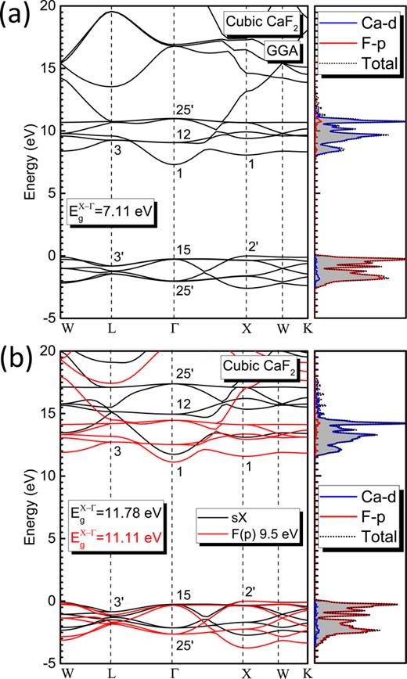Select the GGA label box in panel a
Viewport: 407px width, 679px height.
[285, 50]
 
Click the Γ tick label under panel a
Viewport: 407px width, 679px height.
[174, 328]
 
